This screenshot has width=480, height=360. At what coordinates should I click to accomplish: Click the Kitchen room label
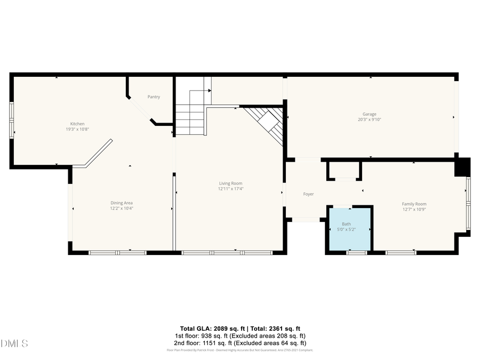tap(77, 124)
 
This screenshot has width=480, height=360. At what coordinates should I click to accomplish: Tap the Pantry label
tap(154, 97)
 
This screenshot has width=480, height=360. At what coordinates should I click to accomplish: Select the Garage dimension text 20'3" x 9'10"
tap(370, 120)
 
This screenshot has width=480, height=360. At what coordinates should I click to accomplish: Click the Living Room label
tap(230, 183)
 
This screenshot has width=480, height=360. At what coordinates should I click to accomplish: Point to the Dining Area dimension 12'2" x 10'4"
tap(122, 209)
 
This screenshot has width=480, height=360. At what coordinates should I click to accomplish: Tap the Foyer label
tap(308, 194)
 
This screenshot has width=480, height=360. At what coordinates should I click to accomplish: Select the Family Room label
tap(414, 204)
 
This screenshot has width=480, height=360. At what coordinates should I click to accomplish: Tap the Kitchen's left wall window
tap(12, 120)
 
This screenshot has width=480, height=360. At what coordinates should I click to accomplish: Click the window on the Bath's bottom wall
tap(356, 252)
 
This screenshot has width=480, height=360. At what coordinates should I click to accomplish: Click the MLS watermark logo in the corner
tap(15, 343)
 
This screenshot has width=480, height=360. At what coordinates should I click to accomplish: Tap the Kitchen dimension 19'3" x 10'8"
tap(77, 129)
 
